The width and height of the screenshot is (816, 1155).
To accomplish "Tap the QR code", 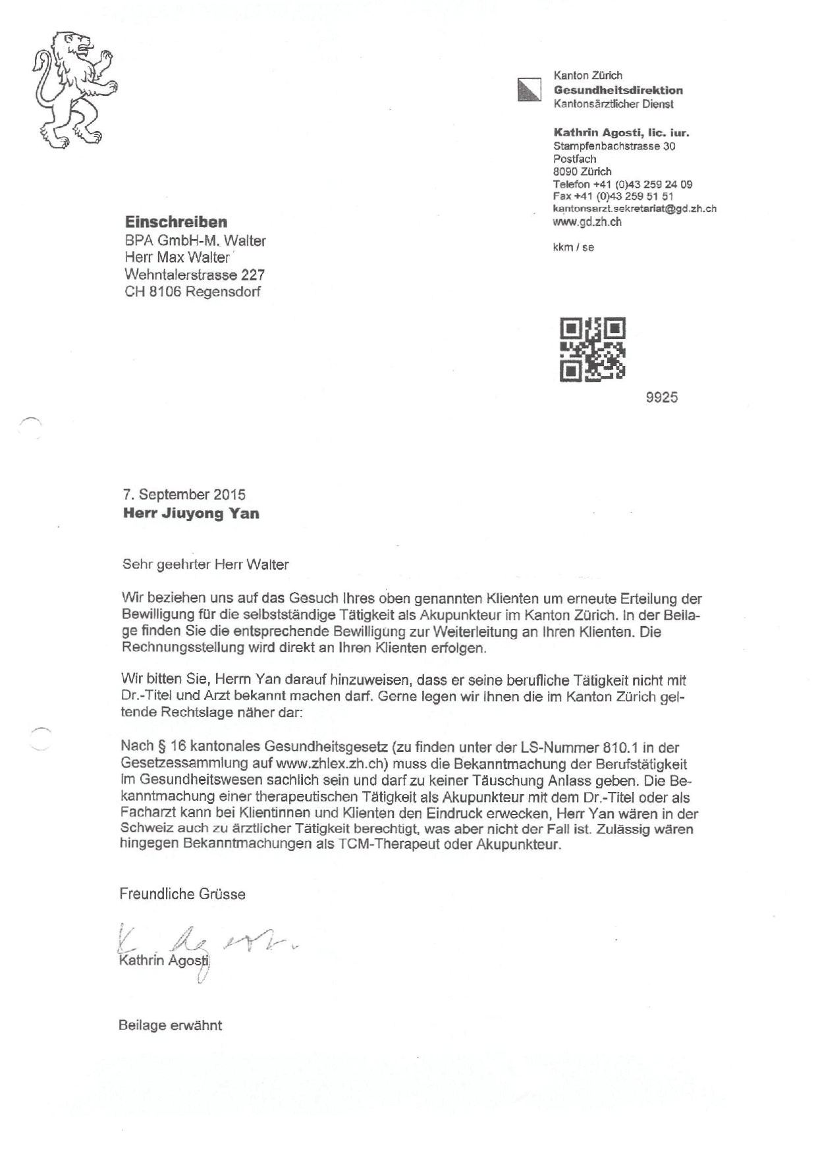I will tap(592, 349).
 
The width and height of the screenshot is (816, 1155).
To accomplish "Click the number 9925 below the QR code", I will tap(661, 397).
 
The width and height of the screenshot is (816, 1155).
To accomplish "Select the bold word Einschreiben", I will tap(176, 222).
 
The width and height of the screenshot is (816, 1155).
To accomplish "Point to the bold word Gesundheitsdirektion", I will tap(618, 90).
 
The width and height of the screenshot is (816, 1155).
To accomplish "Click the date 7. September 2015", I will tap(184, 495).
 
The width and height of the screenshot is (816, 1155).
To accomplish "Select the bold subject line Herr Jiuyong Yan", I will tap(191, 514).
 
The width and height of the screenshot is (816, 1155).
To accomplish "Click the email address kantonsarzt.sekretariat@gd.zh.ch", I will tap(634, 209).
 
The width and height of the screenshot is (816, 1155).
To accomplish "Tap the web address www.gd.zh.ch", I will tap(587, 222).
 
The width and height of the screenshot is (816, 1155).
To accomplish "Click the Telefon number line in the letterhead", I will tap(622, 184).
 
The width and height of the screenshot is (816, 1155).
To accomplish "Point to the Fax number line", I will tap(612, 196).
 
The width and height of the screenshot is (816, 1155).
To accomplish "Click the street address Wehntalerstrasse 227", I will tap(194, 275).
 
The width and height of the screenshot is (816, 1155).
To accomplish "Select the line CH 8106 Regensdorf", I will tap(192, 292).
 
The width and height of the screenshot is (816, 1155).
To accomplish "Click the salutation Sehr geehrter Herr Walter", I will tap(205, 564).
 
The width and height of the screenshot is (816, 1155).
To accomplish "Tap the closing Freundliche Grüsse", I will tap(182, 894).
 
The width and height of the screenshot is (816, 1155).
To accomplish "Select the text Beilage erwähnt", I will tap(170, 1025).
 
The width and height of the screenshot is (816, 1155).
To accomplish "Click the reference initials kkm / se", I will tap(573, 248).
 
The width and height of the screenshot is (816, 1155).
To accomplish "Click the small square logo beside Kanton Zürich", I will tap(529, 90).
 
